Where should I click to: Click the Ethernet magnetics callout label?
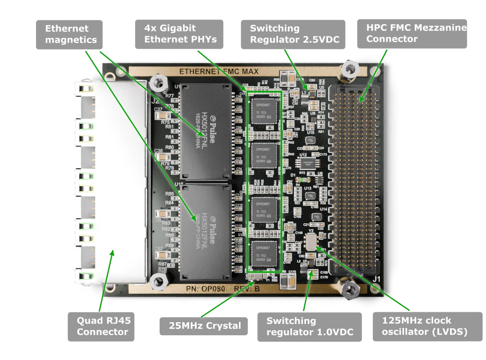click(70, 34)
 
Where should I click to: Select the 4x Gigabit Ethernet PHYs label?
click(180, 34)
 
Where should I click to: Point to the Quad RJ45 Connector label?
click(102, 326)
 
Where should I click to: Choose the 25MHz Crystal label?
click(205, 326)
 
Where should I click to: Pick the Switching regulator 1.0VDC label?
click(309, 326)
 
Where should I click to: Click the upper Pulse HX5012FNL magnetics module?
click(206, 131)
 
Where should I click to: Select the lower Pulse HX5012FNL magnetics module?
click(206, 231)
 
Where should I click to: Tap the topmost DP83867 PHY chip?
click(264, 111)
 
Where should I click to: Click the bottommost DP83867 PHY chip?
click(264, 254)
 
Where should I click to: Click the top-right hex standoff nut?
click(349, 69)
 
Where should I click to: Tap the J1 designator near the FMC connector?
click(376, 279)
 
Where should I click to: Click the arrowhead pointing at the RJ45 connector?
click(112, 253)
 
